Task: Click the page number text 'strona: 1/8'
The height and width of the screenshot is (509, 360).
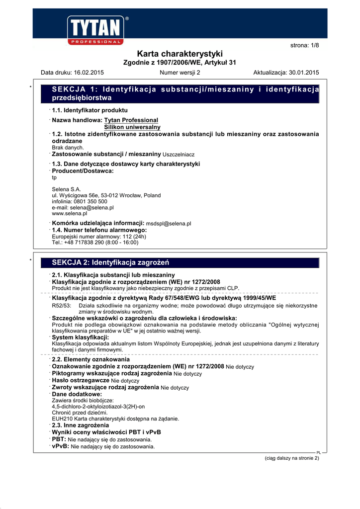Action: pyautogui.click(x=304, y=46)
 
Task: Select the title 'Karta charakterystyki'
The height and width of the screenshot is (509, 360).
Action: pyautogui.click(x=180, y=54)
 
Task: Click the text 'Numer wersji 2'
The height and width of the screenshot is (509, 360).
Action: pyautogui.click(x=180, y=73)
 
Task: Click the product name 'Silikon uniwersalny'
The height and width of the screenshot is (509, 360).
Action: pyautogui.click(x=132, y=127)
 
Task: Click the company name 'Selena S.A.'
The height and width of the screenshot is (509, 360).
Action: pyautogui.click(x=66, y=189)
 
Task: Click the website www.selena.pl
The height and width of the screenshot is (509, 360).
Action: pyautogui.click(x=70, y=213)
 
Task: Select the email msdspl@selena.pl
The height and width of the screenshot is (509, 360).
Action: pyautogui.click(x=168, y=224)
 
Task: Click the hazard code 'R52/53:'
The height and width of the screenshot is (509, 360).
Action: pyautogui.click(x=62, y=306)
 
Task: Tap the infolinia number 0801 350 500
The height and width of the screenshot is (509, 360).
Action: pyautogui.click(x=89, y=201)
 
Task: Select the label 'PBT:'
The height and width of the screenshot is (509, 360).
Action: pyautogui.click(x=59, y=439)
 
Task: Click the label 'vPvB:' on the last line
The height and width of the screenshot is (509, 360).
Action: pyautogui.click(x=60, y=446)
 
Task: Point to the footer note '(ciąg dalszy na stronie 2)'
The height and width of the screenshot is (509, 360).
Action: pyautogui.click(x=291, y=458)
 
